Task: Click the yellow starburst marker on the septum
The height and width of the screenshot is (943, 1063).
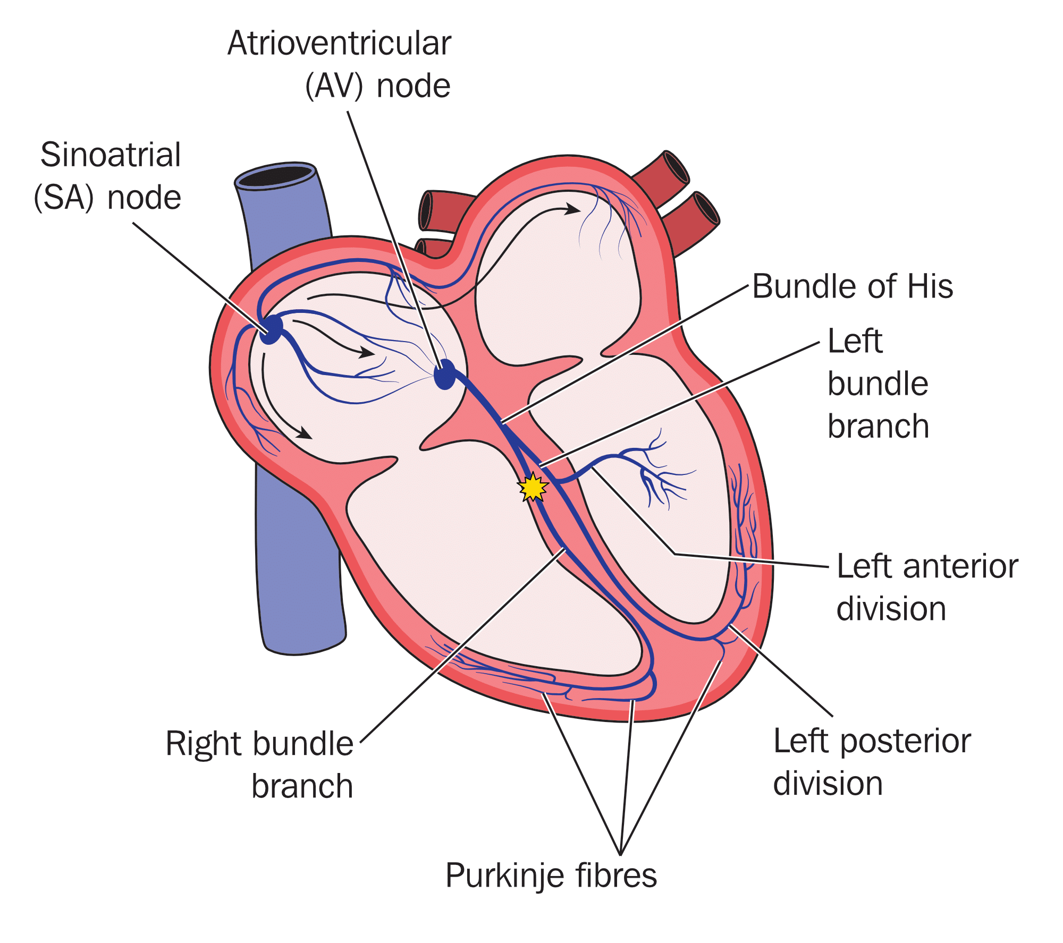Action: coord(533,487)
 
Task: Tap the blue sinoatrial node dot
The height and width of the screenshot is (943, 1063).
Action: coord(271,329)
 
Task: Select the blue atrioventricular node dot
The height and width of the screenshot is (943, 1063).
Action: coord(445,375)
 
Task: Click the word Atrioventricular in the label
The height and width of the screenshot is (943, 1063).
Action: coord(339,44)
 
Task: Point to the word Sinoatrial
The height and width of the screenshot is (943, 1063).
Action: coord(111,155)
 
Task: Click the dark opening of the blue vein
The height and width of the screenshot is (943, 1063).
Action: coord(275,176)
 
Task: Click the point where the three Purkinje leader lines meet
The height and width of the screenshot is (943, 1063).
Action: coord(620,854)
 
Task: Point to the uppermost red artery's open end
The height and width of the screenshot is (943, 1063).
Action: coord(676,166)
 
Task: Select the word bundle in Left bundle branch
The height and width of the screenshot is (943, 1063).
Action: coord(878,384)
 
